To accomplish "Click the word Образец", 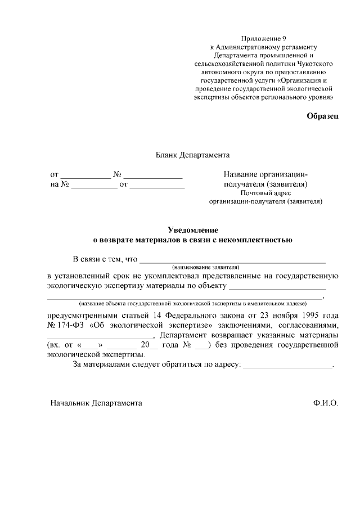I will (x=322, y=116).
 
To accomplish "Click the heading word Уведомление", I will (x=193, y=230).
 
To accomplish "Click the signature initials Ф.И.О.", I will (x=326, y=403).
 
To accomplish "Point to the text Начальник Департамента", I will (x=96, y=403).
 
